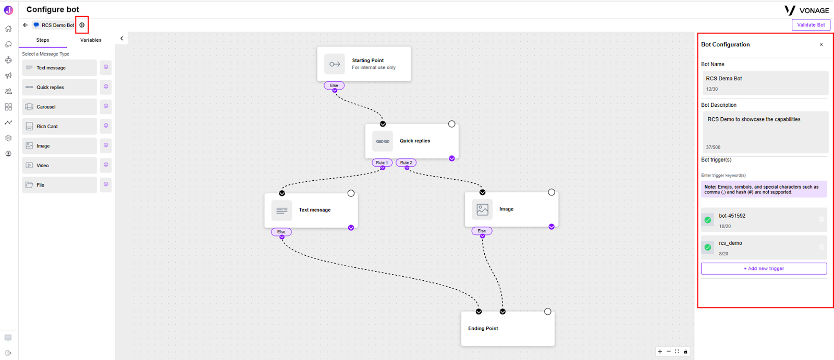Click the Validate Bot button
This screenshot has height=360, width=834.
click(x=811, y=25)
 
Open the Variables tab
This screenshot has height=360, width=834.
click(x=91, y=40)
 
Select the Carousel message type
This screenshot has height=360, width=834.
click(x=59, y=107)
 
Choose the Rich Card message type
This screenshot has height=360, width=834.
click(x=59, y=126)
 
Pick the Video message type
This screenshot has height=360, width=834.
click(x=59, y=165)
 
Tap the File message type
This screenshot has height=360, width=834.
click(x=59, y=185)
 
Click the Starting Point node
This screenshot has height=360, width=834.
click(x=364, y=64)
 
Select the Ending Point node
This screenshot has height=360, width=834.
click(x=508, y=328)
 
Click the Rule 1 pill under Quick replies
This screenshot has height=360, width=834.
click(x=382, y=163)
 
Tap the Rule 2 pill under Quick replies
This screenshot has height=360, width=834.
click(x=406, y=163)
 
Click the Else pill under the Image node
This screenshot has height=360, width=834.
click(x=482, y=231)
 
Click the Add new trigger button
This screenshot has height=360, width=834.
click(x=764, y=268)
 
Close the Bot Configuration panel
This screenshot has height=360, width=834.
click(x=821, y=45)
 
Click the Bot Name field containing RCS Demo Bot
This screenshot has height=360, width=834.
click(x=764, y=83)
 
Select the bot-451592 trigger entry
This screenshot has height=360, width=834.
click(x=764, y=220)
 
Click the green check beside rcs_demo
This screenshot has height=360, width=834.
click(x=708, y=247)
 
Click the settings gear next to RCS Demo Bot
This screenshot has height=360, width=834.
click(x=82, y=25)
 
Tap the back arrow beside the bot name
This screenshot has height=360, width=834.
click(x=26, y=25)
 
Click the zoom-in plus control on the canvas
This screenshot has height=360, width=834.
click(x=660, y=352)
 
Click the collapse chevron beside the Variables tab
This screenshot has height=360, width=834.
click(x=121, y=39)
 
